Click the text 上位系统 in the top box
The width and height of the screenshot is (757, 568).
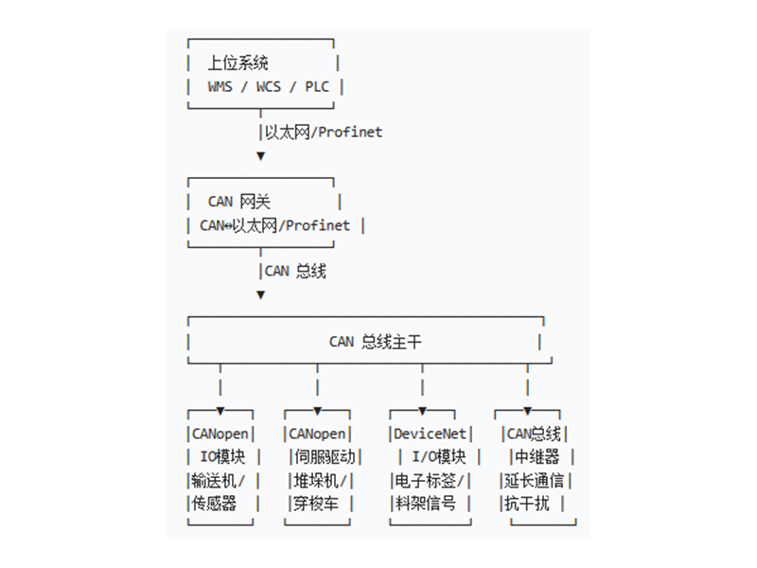(238, 63)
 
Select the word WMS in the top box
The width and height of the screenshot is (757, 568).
(221, 87)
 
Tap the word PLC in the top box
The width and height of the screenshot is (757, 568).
(317, 87)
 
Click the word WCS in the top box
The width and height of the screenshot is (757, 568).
(270, 87)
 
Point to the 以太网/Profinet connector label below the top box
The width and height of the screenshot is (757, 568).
(323, 133)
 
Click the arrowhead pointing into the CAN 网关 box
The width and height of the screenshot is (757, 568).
(261, 156)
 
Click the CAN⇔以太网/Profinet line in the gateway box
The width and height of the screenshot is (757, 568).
(274, 225)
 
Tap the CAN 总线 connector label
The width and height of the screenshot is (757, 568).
(294, 271)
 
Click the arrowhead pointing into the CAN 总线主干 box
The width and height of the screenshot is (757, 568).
(261, 294)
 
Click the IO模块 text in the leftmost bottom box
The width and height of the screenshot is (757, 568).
(222, 457)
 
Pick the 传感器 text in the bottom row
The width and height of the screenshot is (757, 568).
(214, 504)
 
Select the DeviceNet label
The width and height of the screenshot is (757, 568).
(431, 434)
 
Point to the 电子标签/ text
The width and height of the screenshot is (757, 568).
(431, 480)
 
